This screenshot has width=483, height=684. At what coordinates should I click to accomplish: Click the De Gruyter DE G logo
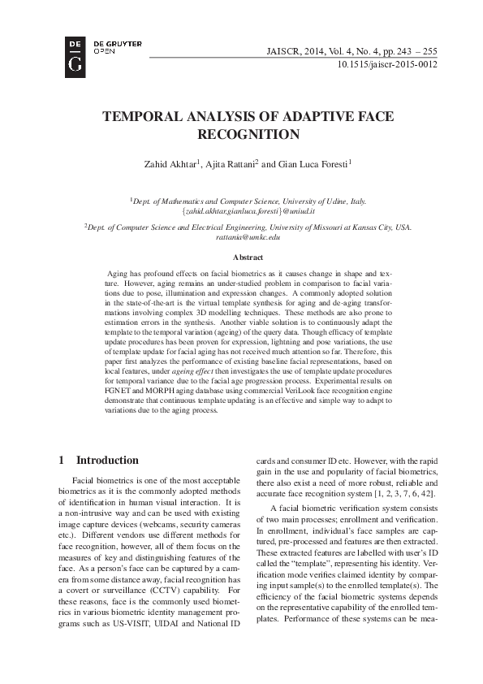75,56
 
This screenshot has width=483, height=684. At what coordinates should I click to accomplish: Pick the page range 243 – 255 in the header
417,50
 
